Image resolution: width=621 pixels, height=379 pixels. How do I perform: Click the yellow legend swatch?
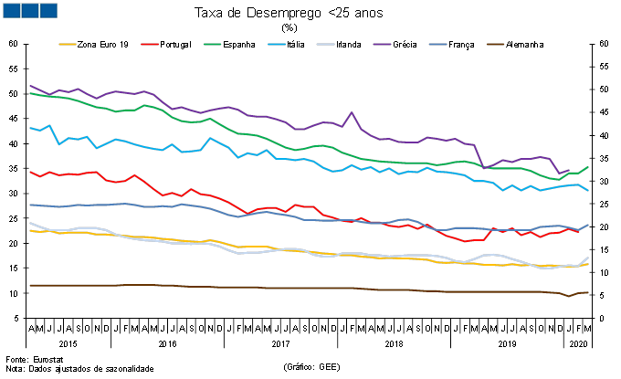(68, 44)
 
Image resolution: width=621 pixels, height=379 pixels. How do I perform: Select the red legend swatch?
(150, 44)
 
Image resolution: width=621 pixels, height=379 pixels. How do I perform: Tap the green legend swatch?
(212, 44)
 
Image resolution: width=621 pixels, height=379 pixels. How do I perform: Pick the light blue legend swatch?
(277, 44)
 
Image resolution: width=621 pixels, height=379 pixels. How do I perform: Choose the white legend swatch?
(325, 44)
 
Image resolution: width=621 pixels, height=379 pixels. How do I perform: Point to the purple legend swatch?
(382, 44)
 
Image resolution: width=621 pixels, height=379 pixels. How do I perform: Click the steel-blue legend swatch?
(438, 44)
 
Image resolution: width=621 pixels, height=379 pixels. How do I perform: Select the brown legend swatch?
(495, 44)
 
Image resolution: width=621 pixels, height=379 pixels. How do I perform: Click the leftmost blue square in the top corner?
(11, 10)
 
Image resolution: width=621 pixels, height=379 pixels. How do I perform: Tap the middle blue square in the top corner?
(29, 10)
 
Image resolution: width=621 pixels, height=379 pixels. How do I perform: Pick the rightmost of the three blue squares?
(47, 10)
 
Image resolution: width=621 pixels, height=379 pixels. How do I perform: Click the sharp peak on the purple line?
(352, 112)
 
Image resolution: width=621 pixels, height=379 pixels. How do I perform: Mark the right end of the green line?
(587, 167)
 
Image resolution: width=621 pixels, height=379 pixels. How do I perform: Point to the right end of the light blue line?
(587, 190)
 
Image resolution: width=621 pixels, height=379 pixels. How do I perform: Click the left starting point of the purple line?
(30, 86)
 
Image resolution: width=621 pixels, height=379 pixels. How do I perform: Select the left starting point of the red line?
(30, 172)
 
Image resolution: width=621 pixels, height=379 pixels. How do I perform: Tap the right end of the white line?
(587, 258)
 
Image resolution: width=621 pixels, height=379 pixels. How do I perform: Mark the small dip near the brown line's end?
(568, 296)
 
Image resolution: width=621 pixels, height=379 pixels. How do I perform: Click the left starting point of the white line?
(30, 223)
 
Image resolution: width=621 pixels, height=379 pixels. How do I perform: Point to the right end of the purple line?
(568, 171)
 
